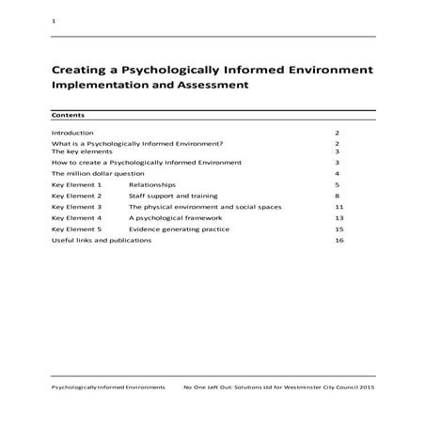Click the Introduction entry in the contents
[72, 134]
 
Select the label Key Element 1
[76, 185]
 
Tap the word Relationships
[151, 185]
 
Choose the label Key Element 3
[76, 206]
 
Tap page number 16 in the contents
[339, 240]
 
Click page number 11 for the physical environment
[339, 206]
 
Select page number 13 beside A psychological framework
[339, 217]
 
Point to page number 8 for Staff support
[337, 196]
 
